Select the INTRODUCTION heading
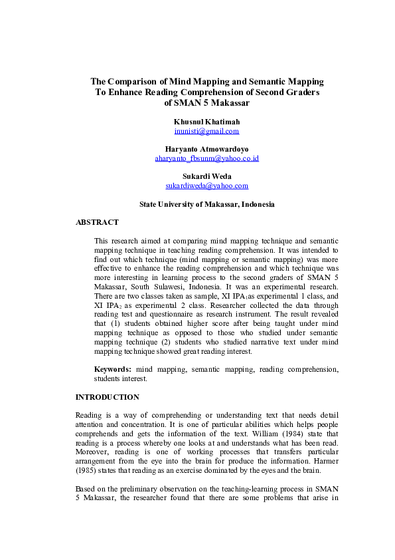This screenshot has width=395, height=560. (107, 397)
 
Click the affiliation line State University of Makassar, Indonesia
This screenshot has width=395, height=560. (206, 204)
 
